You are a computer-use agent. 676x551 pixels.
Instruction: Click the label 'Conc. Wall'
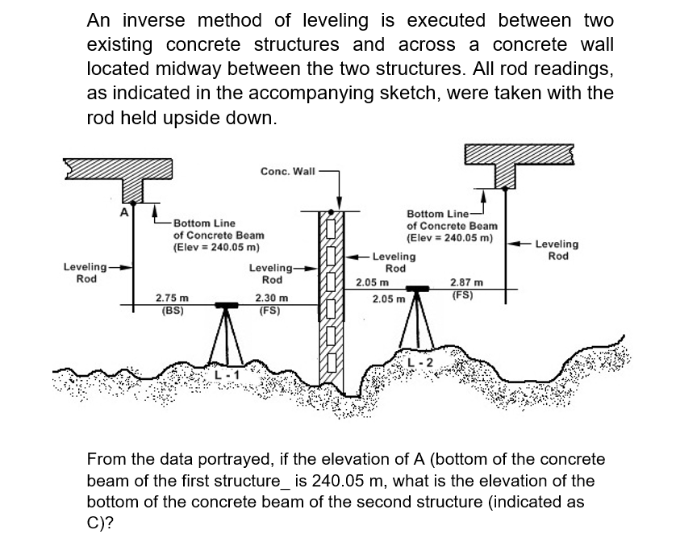click(x=288, y=171)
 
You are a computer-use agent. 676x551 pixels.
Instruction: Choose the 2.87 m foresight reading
click(x=467, y=283)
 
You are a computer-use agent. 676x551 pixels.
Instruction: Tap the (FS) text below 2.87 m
click(x=463, y=294)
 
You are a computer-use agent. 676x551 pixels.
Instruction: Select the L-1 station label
click(x=227, y=374)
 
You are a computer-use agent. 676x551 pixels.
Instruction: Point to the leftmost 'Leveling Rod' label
click(x=86, y=273)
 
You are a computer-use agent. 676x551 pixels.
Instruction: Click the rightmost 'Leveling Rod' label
click(x=557, y=250)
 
